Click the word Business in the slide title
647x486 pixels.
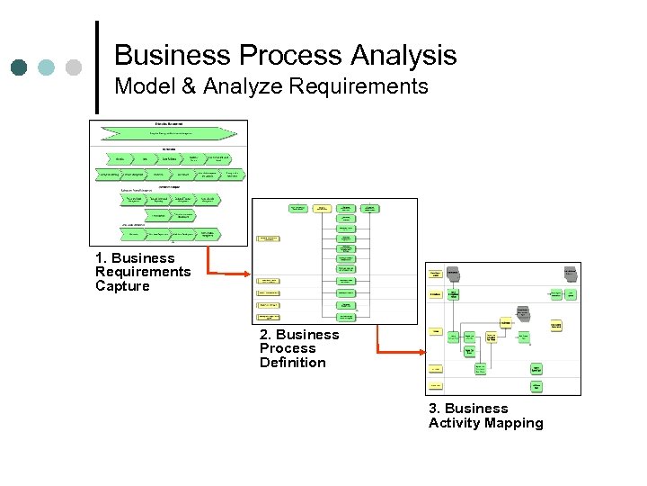(x=167, y=56)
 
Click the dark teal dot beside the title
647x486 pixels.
(x=19, y=67)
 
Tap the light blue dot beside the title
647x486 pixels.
(x=46, y=67)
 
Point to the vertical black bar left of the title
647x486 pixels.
(x=96, y=67)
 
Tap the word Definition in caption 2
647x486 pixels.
(x=293, y=363)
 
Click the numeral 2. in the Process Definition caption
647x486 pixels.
(x=266, y=335)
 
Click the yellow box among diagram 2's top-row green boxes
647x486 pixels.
(x=322, y=208)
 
